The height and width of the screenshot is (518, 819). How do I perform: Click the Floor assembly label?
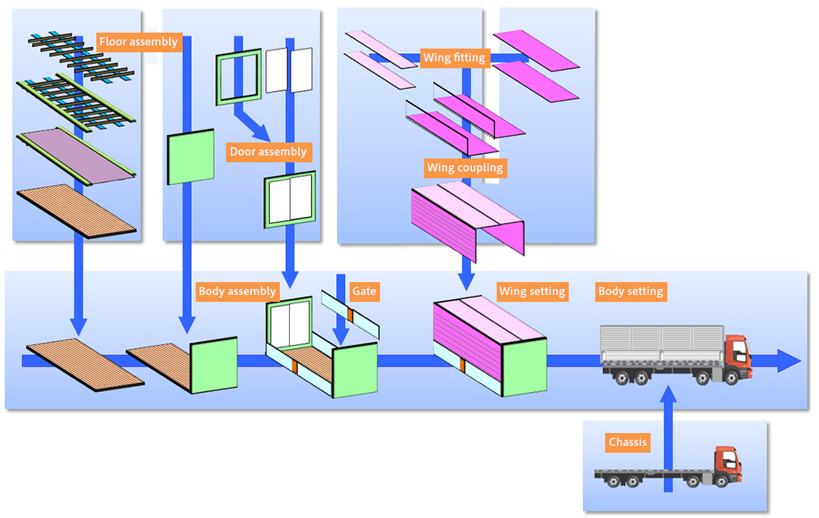[x=138, y=42]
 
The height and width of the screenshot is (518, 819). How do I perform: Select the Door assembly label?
[x=268, y=152]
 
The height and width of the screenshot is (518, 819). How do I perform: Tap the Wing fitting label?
[x=453, y=58]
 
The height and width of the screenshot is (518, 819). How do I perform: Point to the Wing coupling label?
[x=465, y=168]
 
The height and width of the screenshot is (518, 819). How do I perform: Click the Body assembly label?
[x=237, y=291]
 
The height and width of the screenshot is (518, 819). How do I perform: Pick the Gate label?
[x=364, y=291]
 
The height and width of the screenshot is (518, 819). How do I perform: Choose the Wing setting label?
[x=532, y=291]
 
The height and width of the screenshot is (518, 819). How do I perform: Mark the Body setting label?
[x=630, y=291]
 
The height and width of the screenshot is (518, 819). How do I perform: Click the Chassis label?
[x=627, y=442]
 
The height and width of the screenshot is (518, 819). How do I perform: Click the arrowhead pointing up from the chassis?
[x=668, y=395]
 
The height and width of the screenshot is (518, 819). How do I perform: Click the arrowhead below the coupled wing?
[x=466, y=281]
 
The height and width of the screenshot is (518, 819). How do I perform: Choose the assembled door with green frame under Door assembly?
[x=290, y=199]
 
